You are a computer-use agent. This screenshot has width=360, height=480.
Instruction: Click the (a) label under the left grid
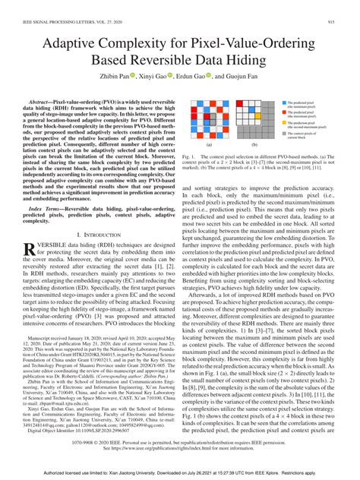point(209,142)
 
